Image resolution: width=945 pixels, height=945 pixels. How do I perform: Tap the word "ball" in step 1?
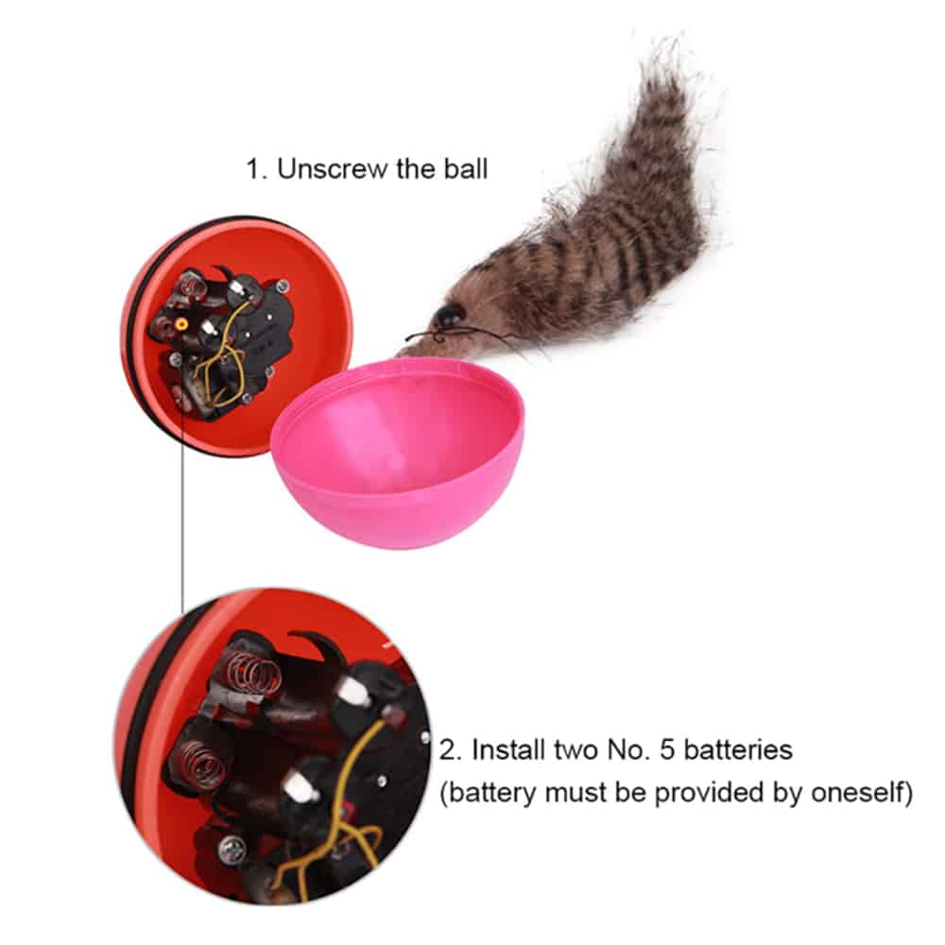pos(466,169)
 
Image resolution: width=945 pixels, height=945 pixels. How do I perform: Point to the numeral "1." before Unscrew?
pos(256,169)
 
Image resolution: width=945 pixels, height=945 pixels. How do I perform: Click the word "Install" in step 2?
pos(509,749)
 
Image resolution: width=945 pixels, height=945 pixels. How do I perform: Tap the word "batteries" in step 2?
pos(738,749)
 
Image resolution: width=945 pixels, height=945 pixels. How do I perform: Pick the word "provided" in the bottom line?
pos(709,793)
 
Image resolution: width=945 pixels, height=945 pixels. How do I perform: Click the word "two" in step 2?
pos(577,750)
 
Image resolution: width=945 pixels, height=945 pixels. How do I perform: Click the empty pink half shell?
pos(399,452)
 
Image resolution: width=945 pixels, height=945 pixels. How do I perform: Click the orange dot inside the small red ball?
pos(180,324)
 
